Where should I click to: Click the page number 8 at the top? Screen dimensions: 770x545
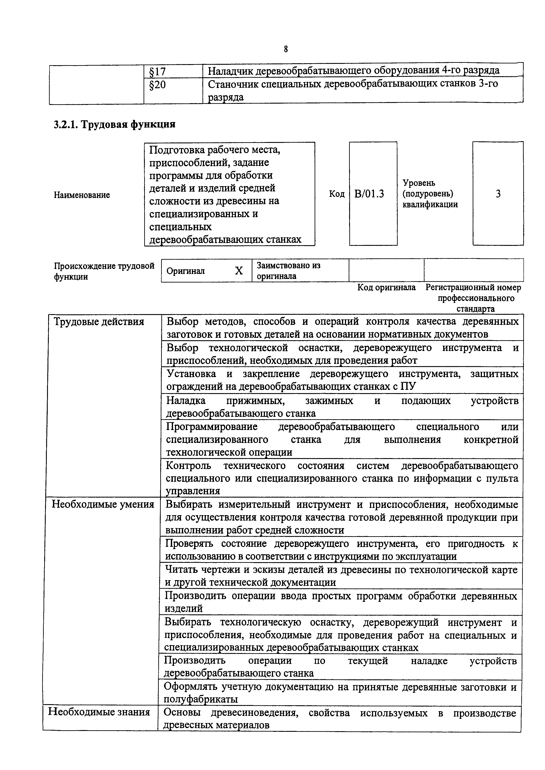(x=286, y=49)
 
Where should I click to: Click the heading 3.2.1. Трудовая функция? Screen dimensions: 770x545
(x=115, y=124)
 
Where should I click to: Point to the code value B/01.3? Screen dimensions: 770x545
(x=369, y=194)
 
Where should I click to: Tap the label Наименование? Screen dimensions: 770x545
(x=82, y=195)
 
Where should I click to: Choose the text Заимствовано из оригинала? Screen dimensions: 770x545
(x=288, y=271)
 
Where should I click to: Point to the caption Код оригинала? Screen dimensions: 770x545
(x=386, y=287)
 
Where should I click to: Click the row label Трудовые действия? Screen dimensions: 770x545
(x=99, y=322)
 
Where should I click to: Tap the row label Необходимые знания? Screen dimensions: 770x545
(x=99, y=711)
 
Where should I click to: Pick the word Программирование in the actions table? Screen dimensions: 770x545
(x=212, y=426)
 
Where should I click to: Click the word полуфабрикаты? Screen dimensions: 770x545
(x=201, y=699)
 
